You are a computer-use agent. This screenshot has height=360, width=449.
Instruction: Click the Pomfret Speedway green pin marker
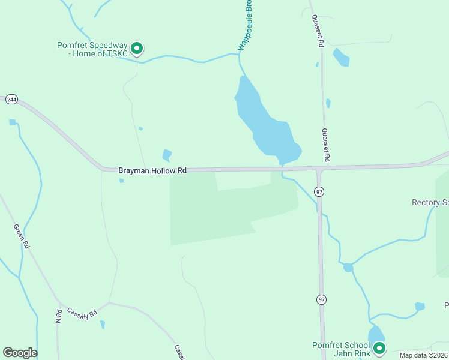point(137,48)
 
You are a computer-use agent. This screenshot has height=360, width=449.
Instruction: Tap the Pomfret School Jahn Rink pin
point(379,347)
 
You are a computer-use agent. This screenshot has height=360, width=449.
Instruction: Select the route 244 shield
point(11,100)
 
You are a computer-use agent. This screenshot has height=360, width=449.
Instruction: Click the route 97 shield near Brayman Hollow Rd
point(319,191)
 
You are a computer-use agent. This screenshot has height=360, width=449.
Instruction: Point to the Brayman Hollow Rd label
point(152,171)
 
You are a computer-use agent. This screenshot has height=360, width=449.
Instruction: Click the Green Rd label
point(21,236)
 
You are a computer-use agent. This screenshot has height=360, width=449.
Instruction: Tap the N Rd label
point(59,315)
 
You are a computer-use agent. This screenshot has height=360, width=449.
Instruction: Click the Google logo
point(20,353)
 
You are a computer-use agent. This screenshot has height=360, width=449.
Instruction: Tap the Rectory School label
point(430,203)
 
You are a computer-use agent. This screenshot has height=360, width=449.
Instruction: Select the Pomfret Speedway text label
point(92,49)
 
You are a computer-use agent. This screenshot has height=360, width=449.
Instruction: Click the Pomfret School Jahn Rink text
point(340,349)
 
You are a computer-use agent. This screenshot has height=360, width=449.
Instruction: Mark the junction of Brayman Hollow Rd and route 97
point(319,169)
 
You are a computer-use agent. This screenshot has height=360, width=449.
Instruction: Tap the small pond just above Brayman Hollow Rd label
point(167,155)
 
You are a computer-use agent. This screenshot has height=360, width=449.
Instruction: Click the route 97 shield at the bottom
point(322,299)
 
